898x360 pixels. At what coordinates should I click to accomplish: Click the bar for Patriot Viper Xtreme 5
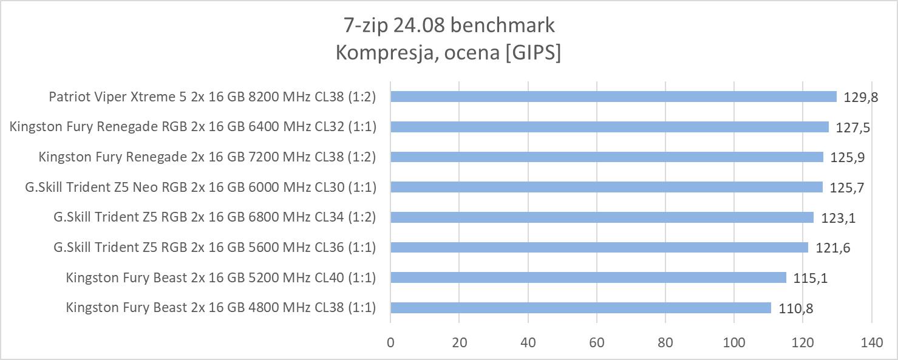point(613,97)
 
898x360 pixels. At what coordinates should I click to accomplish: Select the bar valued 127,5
point(610,127)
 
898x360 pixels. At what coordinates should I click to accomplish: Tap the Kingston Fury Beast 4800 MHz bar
point(580,308)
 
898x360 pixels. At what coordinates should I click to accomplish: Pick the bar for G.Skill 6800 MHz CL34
point(602,217)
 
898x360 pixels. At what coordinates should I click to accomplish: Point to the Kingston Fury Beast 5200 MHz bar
point(588,277)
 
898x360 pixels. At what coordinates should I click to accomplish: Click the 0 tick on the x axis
point(390,342)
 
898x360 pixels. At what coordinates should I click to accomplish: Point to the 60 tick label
point(597,342)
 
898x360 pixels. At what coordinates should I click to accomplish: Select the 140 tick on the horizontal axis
point(871,342)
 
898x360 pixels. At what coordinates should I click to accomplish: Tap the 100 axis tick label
point(734,342)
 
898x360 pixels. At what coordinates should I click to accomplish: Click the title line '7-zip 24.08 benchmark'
point(448,25)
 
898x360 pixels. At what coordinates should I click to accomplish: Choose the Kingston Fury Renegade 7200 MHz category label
point(207,157)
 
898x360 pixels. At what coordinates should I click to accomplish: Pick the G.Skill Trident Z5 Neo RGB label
point(200,187)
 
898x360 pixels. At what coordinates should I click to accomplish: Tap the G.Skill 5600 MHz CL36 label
point(214,247)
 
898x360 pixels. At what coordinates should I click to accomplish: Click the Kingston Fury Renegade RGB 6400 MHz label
point(193,127)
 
